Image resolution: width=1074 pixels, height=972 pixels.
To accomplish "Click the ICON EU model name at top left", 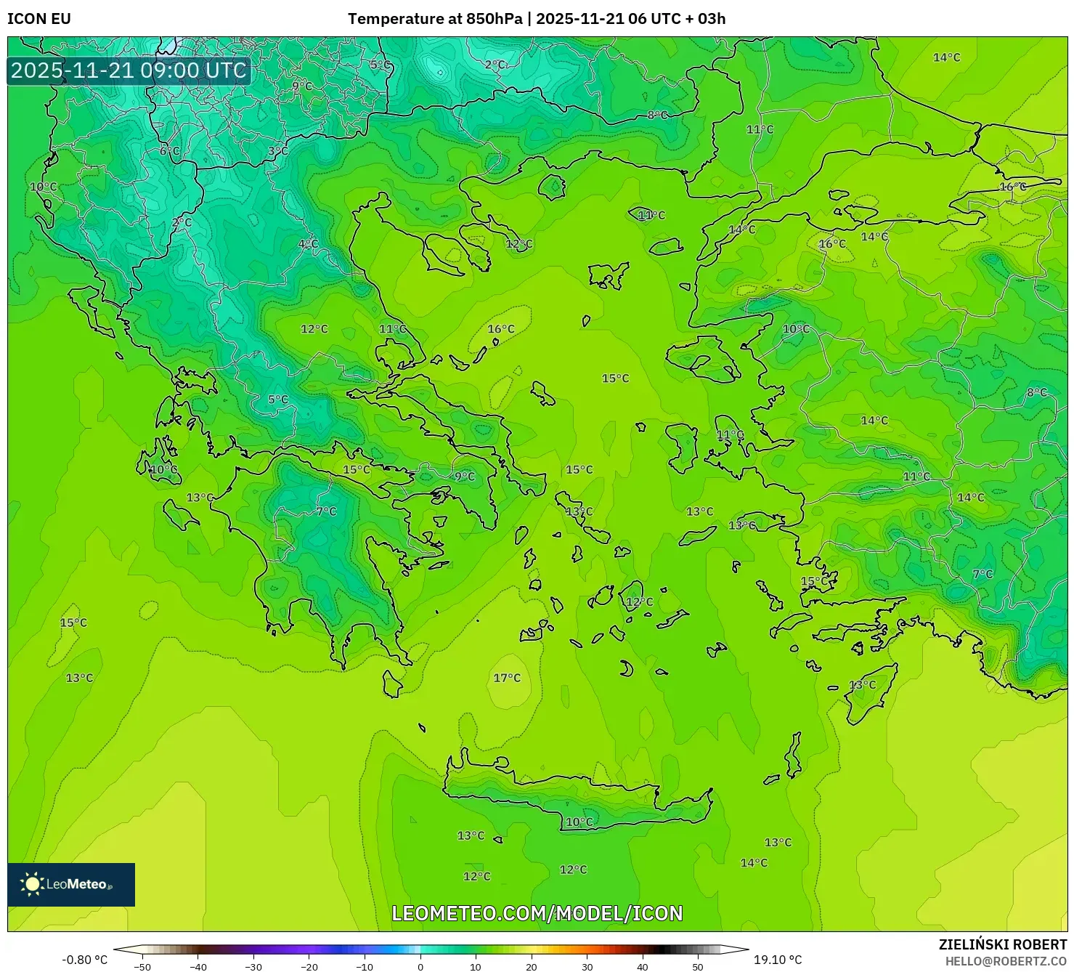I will [x=39, y=19].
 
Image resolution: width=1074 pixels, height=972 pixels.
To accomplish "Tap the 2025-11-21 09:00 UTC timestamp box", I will [x=129, y=70].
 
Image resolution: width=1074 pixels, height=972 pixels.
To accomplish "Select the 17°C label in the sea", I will [x=507, y=678].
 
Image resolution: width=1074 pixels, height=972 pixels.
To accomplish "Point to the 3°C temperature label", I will [x=278, y=151].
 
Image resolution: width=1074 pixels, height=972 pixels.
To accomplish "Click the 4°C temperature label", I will [x=308, y=244].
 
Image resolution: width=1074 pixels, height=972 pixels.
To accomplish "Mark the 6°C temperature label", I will [x=169, y=151].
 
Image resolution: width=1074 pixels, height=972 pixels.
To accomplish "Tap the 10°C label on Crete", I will [x=579, y=822].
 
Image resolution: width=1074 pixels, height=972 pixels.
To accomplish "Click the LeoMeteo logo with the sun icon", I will [x=71, y=884].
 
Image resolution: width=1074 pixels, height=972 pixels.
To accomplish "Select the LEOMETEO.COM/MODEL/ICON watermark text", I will [x=537, y=913].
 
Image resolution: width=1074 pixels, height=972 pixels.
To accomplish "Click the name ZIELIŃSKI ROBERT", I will [x=1002, y=944].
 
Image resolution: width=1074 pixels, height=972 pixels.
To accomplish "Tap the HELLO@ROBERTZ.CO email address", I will [x=1006, y=961].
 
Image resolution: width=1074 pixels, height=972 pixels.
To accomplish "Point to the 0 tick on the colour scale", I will [x=420, y=966].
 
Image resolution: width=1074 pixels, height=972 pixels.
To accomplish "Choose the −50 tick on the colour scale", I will [x=142, y=966].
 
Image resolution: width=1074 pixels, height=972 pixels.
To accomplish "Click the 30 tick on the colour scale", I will [x=587, y=966].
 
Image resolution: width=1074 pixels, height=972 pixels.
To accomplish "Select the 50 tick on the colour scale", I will [x=698, y=966].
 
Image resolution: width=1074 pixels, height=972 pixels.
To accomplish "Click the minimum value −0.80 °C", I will [x=84, y=960].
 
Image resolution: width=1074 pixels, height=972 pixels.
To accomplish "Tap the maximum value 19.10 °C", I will [x=778, y=960].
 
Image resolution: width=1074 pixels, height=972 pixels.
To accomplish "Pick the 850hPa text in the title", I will [x=494, y=19].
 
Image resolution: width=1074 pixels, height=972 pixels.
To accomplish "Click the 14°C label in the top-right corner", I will [x=946, y=57].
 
